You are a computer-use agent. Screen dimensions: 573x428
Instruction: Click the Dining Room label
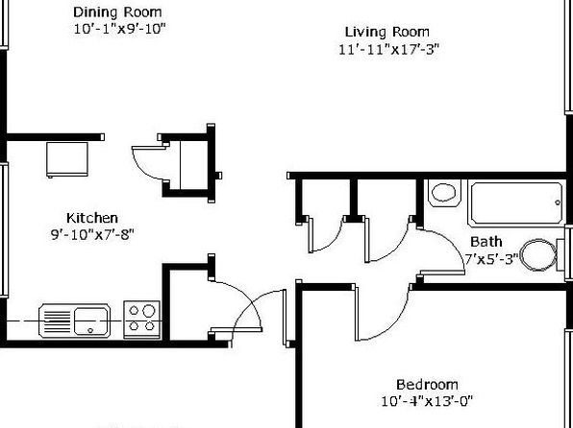(117, 12)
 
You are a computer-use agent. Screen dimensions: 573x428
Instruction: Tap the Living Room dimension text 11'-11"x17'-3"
(388, 49)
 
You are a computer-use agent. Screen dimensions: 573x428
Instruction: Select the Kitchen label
(92, 218)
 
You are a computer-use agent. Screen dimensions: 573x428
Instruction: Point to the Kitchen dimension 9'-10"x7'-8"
(92, 234)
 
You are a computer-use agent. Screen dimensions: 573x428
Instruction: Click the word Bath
(486, 242)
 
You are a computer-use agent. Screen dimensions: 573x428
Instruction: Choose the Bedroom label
(427, 385)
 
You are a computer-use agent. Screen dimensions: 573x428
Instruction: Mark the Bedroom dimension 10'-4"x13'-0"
(427, 401)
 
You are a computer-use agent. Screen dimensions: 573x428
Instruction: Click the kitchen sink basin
(91, 321)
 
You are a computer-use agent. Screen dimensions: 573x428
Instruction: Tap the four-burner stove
(141, 320)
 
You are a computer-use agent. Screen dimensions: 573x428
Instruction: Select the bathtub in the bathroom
(516, 203)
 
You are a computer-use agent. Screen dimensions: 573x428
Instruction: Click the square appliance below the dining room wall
(67, 160)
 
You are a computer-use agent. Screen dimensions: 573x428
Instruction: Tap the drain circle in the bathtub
(558, 202)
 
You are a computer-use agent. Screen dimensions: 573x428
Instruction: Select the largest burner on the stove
(149, 311)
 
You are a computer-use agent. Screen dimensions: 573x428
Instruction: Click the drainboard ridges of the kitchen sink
(58, 321)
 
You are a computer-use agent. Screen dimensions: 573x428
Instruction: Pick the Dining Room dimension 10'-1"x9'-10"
(120, 29)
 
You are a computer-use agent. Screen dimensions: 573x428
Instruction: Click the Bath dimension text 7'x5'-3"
(491, 259)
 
